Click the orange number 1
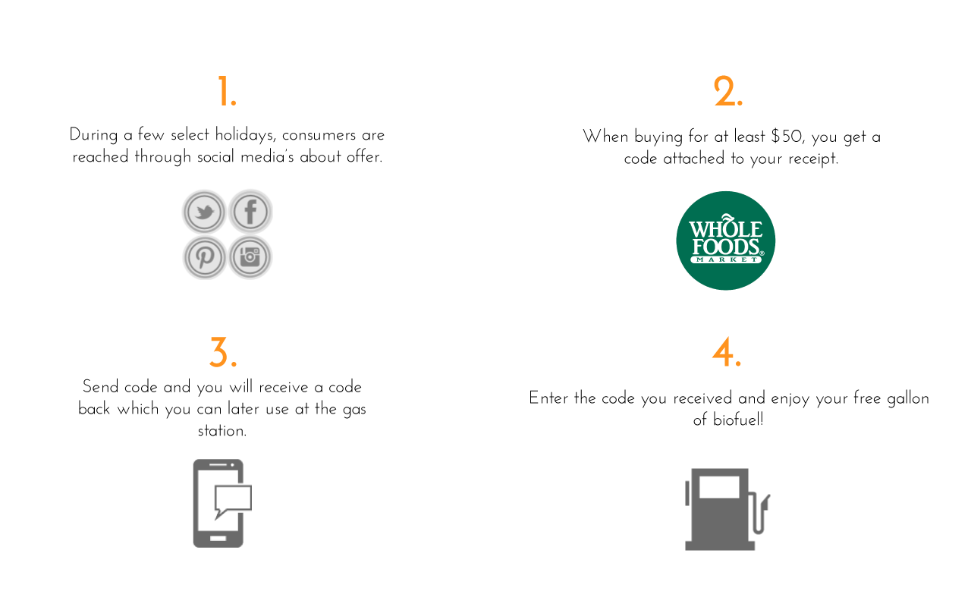pos(225,92)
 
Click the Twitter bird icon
pos(204,212)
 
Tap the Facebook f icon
pos(250,212)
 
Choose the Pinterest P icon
pos(204,257)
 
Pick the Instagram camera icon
pos(250,257)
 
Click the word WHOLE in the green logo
pos(725,229)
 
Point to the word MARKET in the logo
pos(725,260)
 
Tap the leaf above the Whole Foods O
pos(727,219)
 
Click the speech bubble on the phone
pos(232,498)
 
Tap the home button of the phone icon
pos(218,539)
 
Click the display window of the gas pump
pos(719,487)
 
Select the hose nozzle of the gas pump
pos(766,500)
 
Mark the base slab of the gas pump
pos(720,545)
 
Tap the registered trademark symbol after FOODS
pos(762,253)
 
